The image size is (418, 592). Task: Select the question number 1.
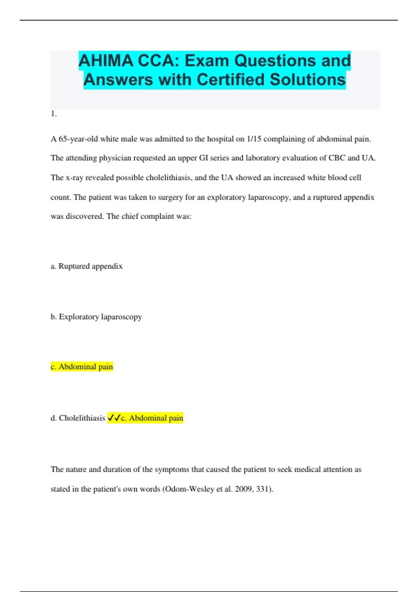[x=53, y=114]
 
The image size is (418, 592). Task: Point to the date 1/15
[x=254, y=139]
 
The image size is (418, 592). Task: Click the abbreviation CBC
[x=337, y=158]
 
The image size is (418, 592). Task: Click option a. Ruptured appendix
[x=86, y=266]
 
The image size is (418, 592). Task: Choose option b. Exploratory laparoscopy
[x=96, y=317]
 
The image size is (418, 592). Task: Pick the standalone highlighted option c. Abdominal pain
[x=82, y=367]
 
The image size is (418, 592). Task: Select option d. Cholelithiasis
[x=78, y=418]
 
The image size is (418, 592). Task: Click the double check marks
[x=114, y=418]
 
